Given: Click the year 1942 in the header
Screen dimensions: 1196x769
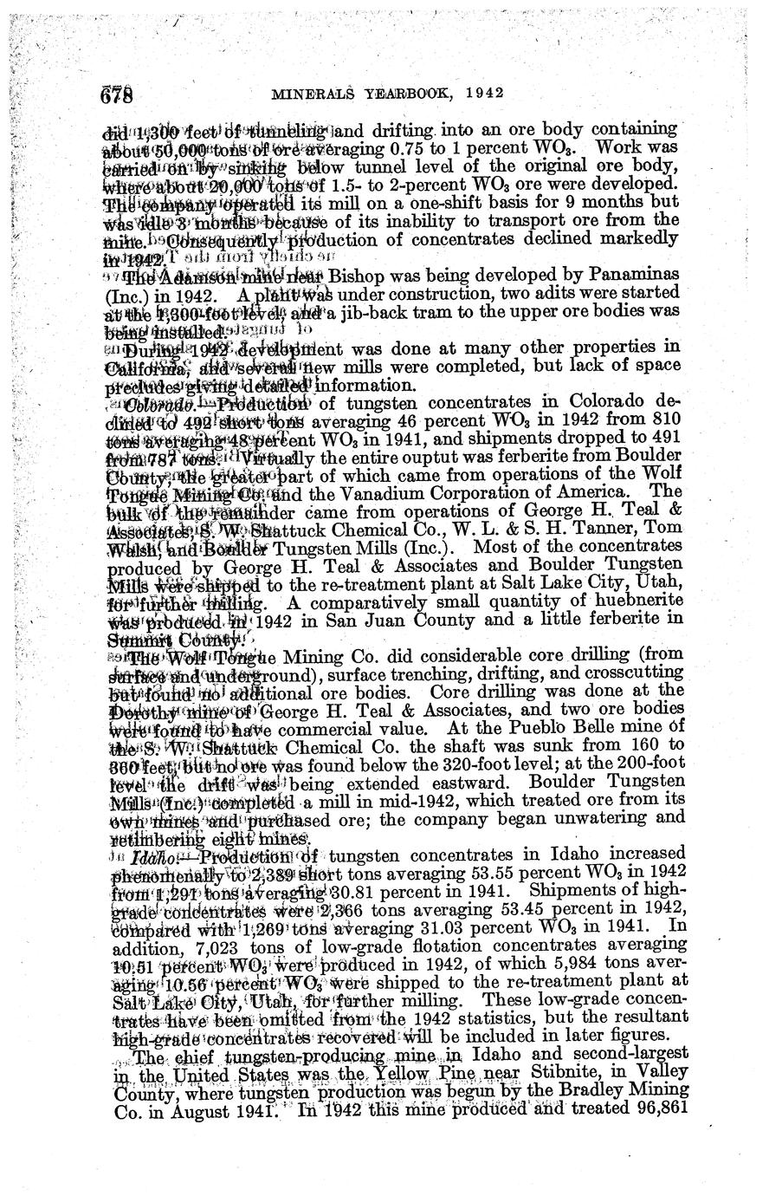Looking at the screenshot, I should [x=486, y=92].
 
